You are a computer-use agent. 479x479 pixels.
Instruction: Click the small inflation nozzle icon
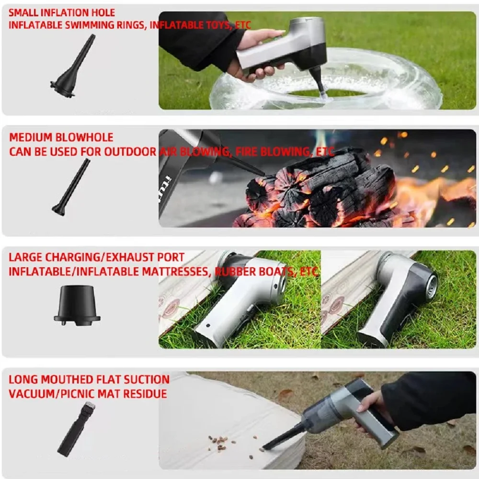[x=72, y=67]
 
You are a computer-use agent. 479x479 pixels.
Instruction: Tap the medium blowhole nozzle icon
[x=71, y=187]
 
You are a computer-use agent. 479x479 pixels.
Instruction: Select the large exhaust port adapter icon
[x=77, y=306]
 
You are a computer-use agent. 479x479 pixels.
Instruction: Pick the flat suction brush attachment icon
[x=76, y=429]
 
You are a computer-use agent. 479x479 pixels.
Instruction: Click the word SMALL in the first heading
[x=23, y=12]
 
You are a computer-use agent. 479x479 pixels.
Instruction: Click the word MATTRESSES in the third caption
[x=177, y=272]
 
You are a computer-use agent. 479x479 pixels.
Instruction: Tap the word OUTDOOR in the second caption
[x=130, y=152]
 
